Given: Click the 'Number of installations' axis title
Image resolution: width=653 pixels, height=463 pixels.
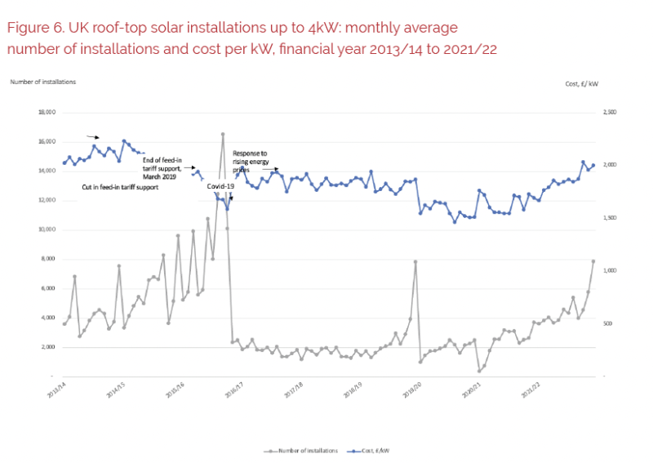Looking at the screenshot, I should [x=42, y=82].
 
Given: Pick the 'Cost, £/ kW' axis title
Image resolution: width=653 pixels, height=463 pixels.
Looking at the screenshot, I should [x=582, y=84].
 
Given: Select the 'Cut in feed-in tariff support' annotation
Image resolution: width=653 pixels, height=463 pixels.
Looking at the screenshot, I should [x=119, y=187].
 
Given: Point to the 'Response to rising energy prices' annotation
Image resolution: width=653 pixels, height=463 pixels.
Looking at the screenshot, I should [x=255, y=162].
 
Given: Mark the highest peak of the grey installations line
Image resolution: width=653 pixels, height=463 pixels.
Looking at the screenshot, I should [x=222, y=134].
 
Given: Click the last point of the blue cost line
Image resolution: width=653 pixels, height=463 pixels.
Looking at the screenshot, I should [x=593, y=165].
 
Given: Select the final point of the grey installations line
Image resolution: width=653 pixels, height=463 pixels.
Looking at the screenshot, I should [x=593, y=261].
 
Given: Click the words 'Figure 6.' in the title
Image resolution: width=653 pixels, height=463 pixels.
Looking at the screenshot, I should [x=33, y=28].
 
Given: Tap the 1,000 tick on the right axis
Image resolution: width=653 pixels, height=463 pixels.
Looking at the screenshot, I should [x=609, y=270].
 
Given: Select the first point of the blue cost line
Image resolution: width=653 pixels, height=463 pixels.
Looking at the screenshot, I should [x=64, y=162].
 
